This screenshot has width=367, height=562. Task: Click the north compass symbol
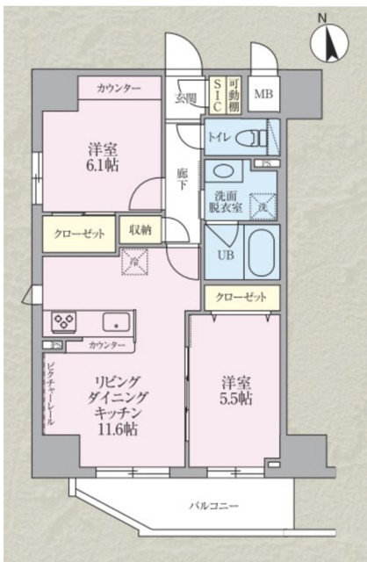point(329,39)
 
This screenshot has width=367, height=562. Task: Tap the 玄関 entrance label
point(185,97)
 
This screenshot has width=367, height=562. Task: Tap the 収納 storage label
point(140,229)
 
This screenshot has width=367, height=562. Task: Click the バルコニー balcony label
point(213,506)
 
